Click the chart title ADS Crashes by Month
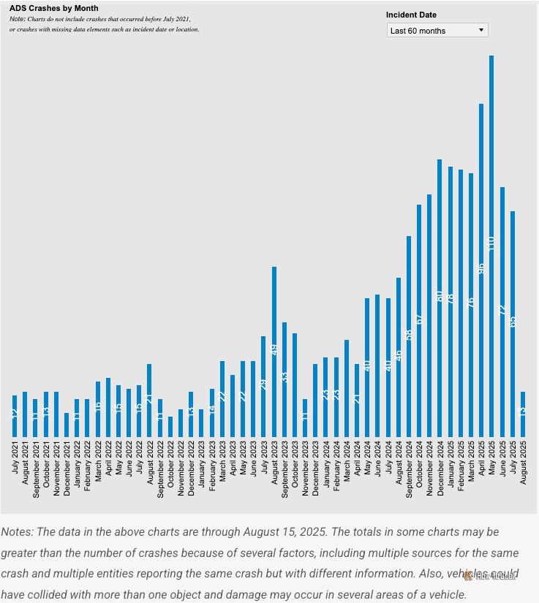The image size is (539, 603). (x=53, y=9)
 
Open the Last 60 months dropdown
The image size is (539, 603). (x=437, y=31)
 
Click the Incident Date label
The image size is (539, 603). (x=411, y=15)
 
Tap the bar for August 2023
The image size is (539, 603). (x=274, y=352)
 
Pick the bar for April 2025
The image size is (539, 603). (x=481, y=270)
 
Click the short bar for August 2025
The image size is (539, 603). (x=523, y=414)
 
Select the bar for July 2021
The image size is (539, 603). (x=15, y=416)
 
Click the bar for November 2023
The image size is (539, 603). (x=305, y=418)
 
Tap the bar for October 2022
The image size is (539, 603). (x=170, y=427)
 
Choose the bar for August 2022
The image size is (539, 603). (x=149, y=401)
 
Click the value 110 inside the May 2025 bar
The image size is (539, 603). (x=491, y=244)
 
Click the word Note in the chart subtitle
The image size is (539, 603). (x=17, y=18)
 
